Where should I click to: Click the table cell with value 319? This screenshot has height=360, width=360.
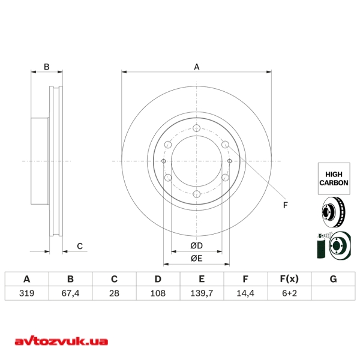pyautogui.click(x=26, y=293)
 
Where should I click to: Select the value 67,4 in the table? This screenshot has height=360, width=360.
pyautogui.click(x=70, y=293)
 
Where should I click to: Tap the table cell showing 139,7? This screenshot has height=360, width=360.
pyautogui.click(x=202, y=293)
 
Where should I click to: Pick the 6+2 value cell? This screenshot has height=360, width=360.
pyautogui.click(x=289, y=293)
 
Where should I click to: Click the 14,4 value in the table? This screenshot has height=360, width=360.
pyautogui.click(x=245, y=293)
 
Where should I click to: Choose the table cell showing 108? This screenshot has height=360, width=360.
pyautogui.click(x=158, y=293)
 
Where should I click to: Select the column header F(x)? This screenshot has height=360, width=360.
pyautogui.click(x=289, y=279)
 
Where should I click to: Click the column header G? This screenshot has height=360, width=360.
pyautogui.click(x=333, y=279)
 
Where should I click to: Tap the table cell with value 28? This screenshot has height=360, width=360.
pyautogui.click(x=114, y=293)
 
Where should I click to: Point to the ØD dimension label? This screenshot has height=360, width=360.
pyautogui.click(x=196, y=246)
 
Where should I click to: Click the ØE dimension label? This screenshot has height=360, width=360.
pyautogui.click(x=196, y=259)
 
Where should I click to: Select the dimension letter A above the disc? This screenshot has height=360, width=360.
pyautogui.click(x=196, y=67)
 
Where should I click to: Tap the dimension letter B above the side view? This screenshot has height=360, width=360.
pyautogui.click(x=46, y=67)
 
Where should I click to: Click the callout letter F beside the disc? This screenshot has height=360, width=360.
pyautogui.click(x=286, y=205)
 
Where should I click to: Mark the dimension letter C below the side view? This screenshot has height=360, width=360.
pyautogui.click(x=79, y=246)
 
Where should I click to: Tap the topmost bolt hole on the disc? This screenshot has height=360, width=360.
pyautogui.click(x=196, y=128)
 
